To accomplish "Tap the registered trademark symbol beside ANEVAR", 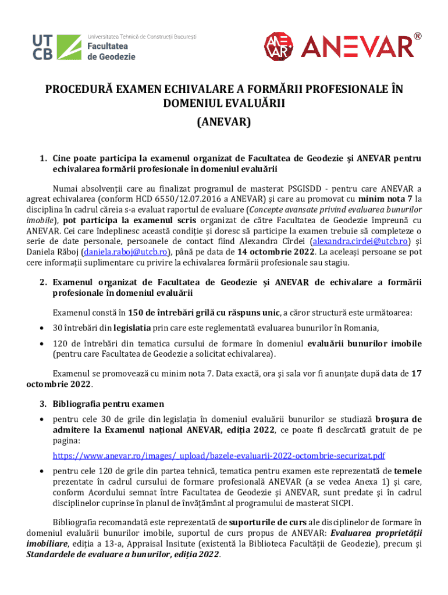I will point(418,37).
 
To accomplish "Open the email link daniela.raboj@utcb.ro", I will point(126,252).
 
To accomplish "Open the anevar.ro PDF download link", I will point(219,456).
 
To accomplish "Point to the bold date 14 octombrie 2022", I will point(276,252).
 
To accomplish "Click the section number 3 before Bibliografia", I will point(43,403).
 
